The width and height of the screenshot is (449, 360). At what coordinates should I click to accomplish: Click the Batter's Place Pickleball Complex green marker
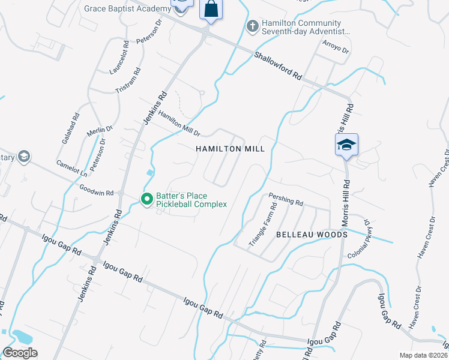click(146, 199)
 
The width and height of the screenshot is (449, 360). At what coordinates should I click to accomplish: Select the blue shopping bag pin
click(211, 9)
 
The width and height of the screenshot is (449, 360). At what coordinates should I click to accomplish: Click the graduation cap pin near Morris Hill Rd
click(346, 145)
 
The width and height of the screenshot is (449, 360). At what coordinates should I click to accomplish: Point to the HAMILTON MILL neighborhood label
click(230, 148)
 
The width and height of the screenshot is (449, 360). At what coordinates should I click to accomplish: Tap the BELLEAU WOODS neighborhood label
click(312, 235)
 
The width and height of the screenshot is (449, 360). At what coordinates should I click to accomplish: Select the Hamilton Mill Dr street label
click(179, 124)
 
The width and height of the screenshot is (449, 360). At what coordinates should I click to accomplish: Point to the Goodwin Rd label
click(97, 190)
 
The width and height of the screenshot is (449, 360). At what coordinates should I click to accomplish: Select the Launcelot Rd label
click(119, 54)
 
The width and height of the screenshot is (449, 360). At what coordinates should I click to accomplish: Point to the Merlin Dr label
click(99, 130)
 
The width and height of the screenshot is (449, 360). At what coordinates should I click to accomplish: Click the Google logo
click(20, 353)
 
